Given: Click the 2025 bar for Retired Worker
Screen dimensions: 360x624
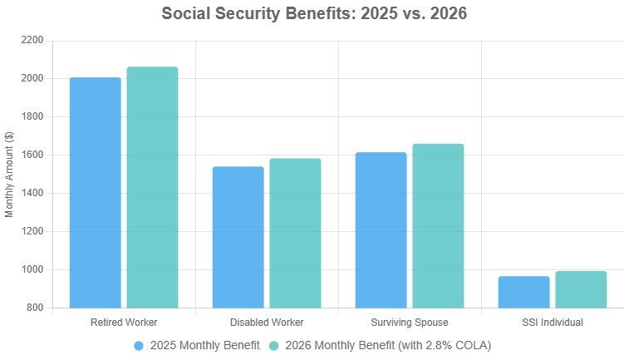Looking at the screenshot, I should click(96, 193).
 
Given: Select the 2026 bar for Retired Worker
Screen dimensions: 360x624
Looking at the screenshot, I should click(152, 187).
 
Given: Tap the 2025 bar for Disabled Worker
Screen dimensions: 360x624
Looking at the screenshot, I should click(238, 237).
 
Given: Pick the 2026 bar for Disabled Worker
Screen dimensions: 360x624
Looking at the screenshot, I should click(295, 233).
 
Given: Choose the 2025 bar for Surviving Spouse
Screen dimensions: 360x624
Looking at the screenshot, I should click(381, 230).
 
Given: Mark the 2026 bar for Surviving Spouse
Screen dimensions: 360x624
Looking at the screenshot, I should click(438, 226).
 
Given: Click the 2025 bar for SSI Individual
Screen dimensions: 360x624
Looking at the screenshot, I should click(524, 292).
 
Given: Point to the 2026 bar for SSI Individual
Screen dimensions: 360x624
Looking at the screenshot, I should click(581, 289).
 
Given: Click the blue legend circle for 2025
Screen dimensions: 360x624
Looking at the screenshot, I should click(139, 345).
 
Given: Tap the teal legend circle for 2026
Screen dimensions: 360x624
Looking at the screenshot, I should click(274, 345).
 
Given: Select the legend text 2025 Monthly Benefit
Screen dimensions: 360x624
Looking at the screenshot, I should click(204, 345).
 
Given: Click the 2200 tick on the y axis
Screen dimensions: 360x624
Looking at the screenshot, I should click(32, 41).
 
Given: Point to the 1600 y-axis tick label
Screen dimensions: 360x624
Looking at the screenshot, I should click(32, 155).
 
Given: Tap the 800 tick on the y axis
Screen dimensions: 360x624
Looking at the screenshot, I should click(35, 308).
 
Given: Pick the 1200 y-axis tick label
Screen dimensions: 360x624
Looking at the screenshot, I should click(32, 232).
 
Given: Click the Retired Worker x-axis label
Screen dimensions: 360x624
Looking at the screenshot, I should click(124, 322).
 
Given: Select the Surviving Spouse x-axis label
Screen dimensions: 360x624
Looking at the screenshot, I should click(410, 322).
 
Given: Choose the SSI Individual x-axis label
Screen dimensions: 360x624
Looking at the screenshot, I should click(553, 322).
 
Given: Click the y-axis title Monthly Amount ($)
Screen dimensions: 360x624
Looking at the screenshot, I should click(10, 175).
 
